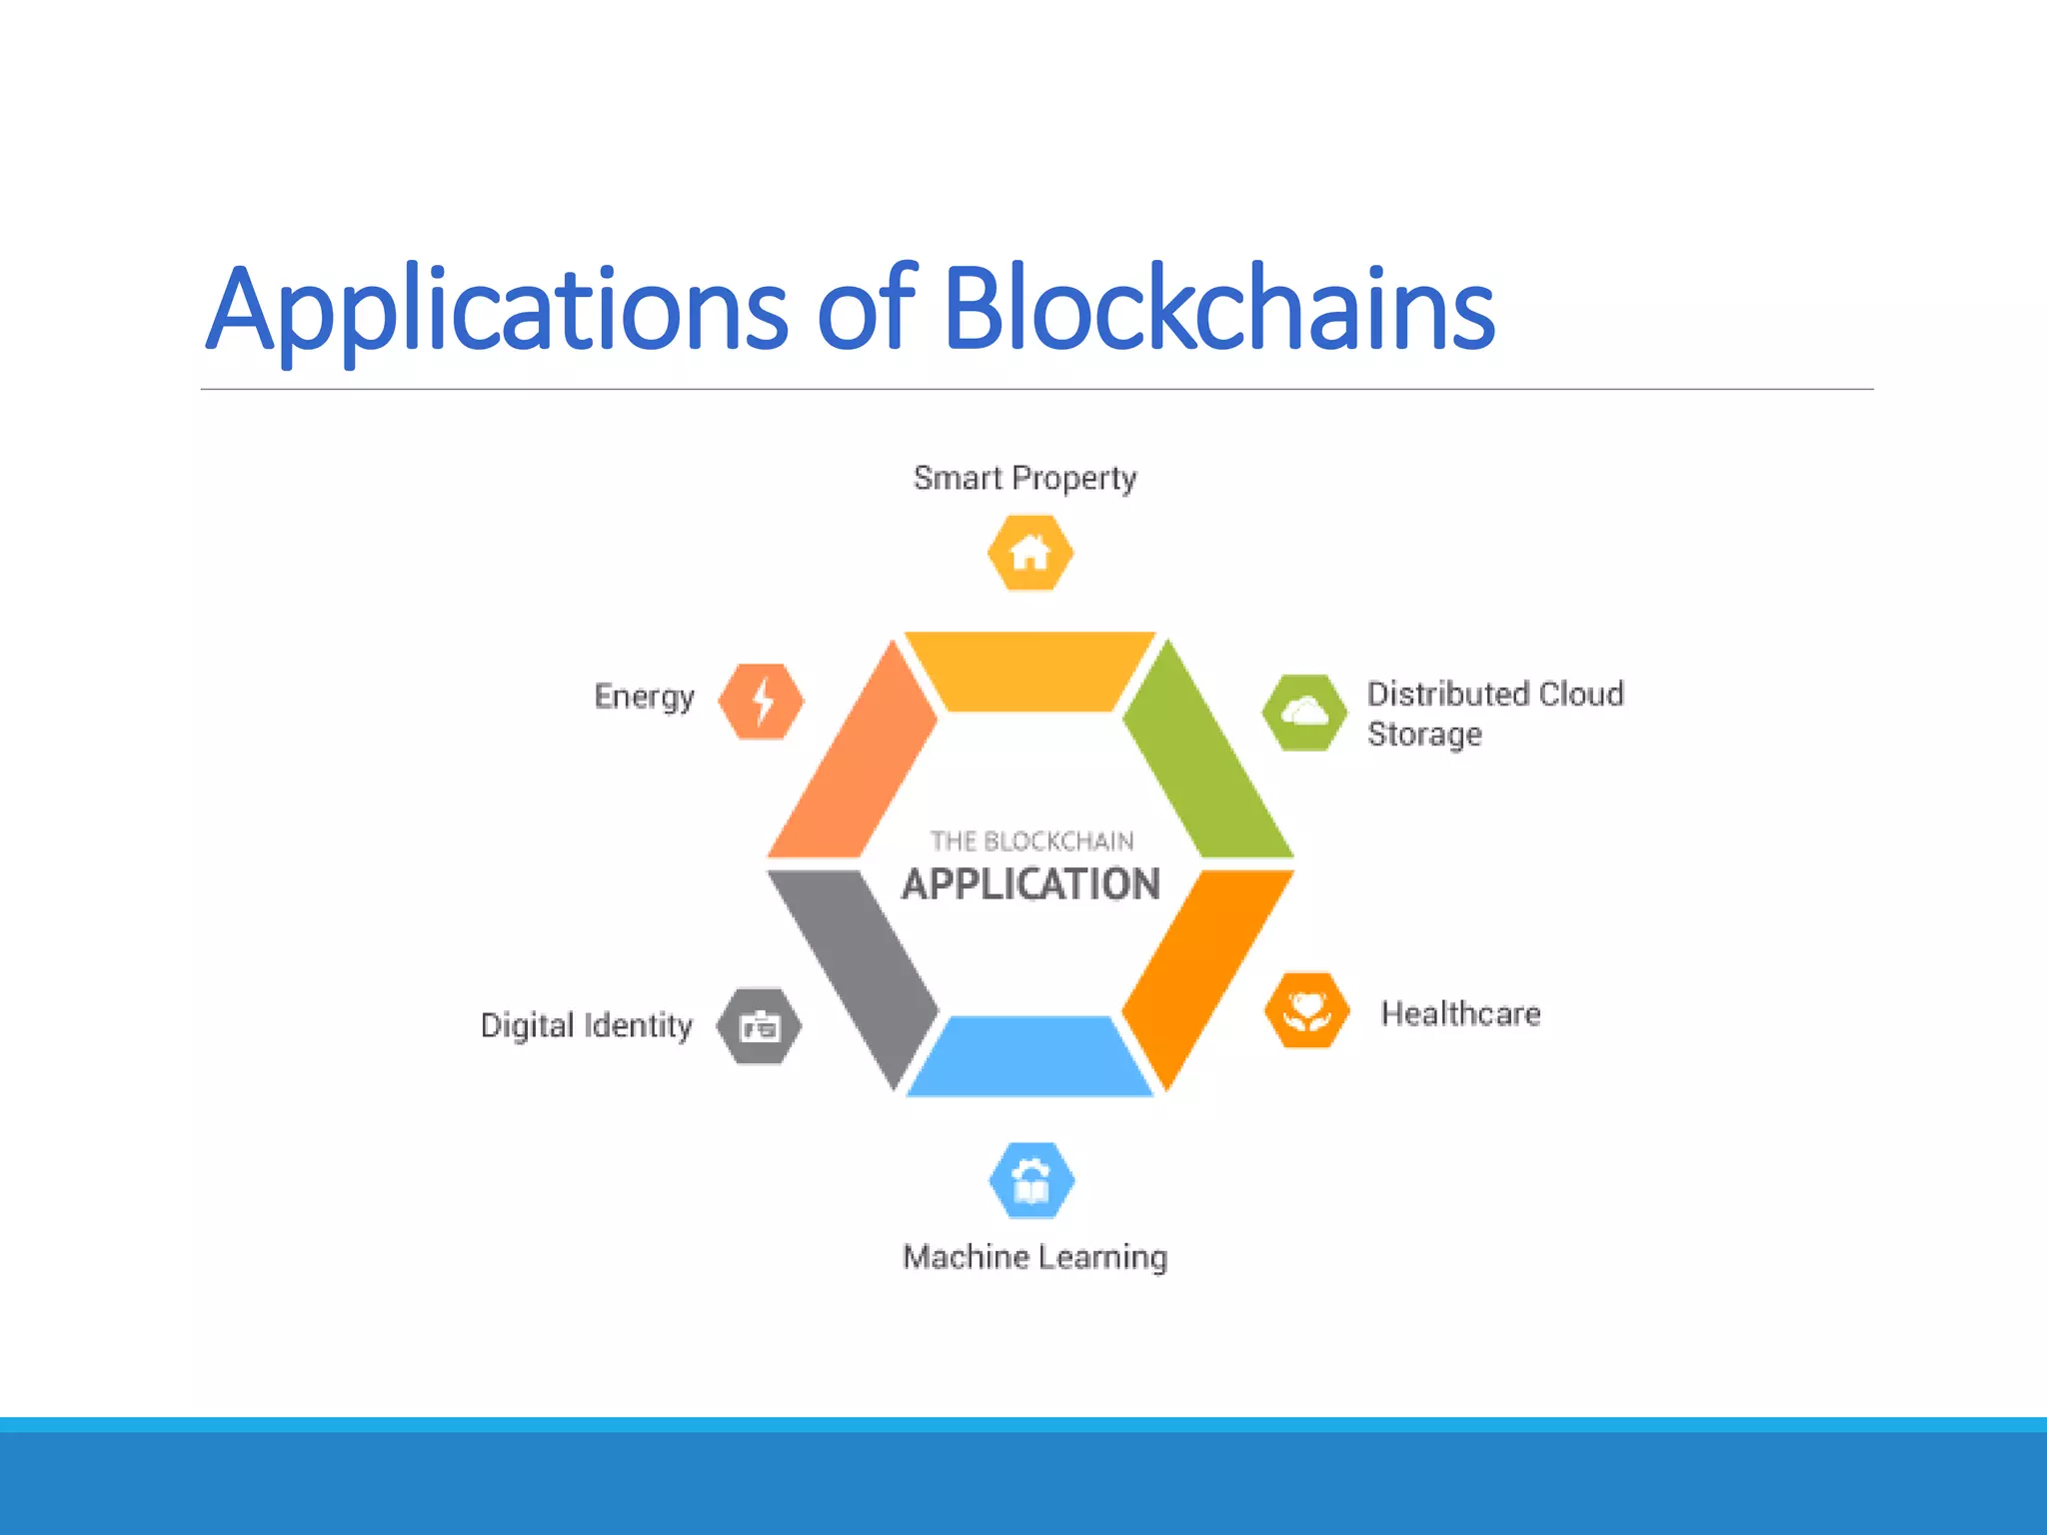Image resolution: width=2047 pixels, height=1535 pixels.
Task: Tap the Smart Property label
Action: (x=1024, y=478)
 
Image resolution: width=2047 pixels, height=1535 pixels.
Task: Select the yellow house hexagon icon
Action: (x=1029, y=553)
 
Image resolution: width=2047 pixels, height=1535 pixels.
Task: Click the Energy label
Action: (x=644, y=697)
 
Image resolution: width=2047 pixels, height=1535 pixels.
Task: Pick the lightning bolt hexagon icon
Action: (x=762, y=702)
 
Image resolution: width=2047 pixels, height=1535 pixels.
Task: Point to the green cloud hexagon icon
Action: (x=1303, y=713)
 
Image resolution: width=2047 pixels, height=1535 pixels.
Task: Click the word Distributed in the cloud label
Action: (x=1446, y=694)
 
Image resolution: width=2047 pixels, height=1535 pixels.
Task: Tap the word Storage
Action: (x=1423, y=735)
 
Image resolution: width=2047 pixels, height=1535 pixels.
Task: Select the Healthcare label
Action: (x=1460, y=1013)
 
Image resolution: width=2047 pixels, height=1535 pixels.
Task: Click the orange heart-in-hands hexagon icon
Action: (x=1306, y=1010)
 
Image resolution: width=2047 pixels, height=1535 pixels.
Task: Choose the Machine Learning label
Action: (x=1034, y=1256)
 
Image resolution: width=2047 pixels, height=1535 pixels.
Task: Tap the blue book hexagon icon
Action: (x=1031, y=1181)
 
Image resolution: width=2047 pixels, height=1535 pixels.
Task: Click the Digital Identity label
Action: (x=586, y=1025)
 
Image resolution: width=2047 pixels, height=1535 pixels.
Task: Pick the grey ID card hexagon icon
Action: (x=760, y=1026)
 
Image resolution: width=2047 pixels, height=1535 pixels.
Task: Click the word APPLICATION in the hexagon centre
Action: (x=1030, y=884)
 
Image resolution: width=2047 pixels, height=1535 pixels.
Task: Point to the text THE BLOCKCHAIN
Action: (x=1031, y=840)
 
